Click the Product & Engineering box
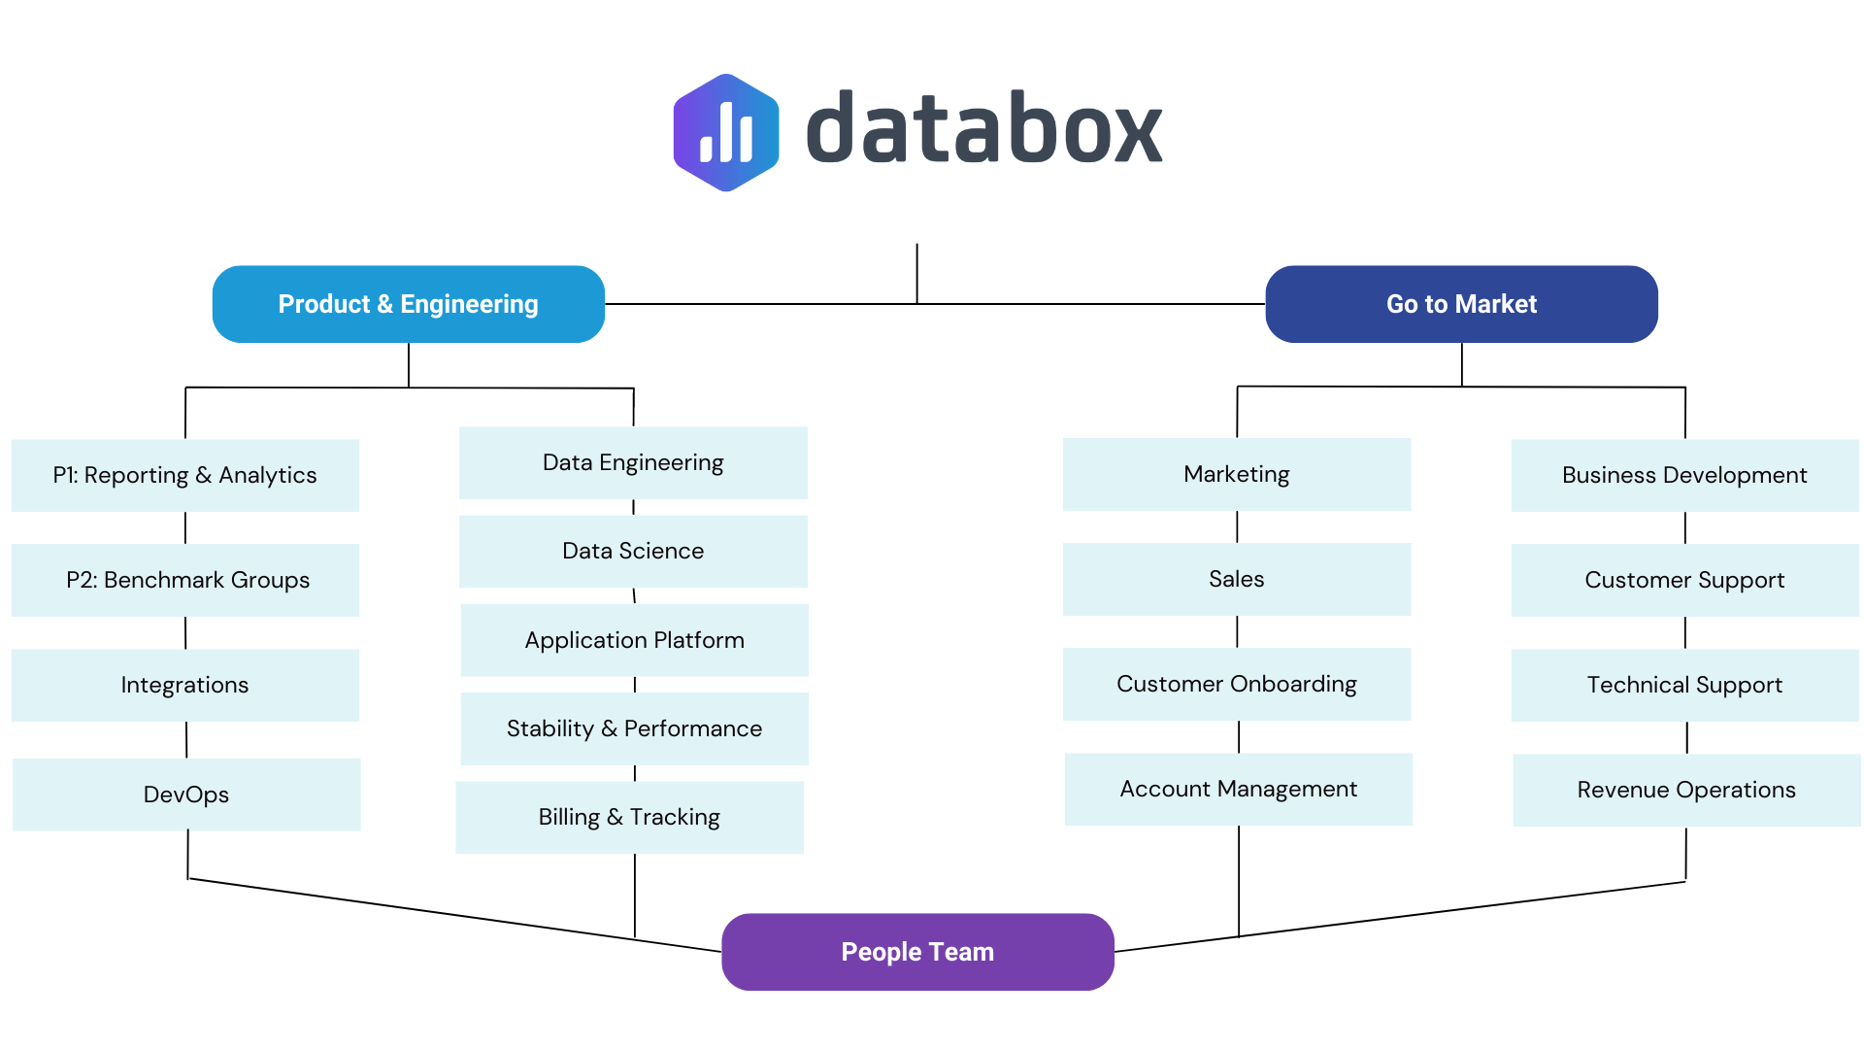(408, 304)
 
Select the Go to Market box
(1461, 304)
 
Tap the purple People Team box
(917, 952)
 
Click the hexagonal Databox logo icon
(726, 133)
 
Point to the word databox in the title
(983, 129)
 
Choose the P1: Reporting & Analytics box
(184, 475)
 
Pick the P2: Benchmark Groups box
(184, 580)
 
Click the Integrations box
(184, 685)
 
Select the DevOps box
(185, 795)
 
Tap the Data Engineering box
(633, 462)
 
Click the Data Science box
(633, 551)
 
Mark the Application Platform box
(634, 640)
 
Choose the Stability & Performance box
(634, 728)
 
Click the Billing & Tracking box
(629, 817)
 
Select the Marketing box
(1236, 474)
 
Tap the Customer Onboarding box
(1236, 684)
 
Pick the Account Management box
(1238, 789)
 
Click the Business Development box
(1684, 475)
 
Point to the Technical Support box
(1684, 685)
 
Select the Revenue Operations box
(1686, 790)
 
